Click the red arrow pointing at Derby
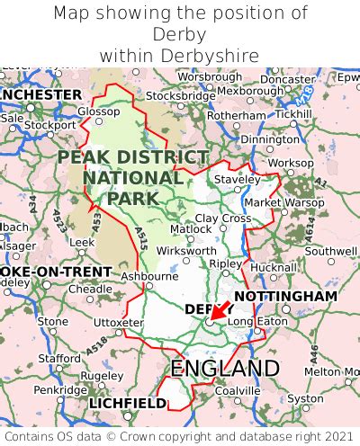(x=217, y=312)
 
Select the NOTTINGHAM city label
(x=285, y=296)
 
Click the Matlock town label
(x=191, y=229)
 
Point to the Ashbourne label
(x=149, y=276)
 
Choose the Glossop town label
(x=98, y=111)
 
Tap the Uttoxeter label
(x=119, y=322)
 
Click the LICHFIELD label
(x=127, y=405)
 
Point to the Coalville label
(x=238, y=390)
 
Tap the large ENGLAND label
(x=225, y=369)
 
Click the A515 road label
(x=140, y=239)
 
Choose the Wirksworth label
(x=186, y=252)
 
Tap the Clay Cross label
(x=223, y=219)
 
